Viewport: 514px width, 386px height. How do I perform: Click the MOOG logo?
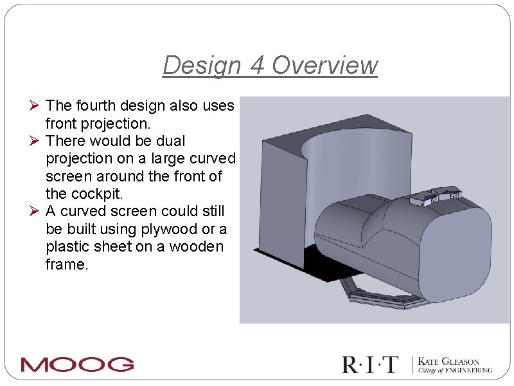[77, 365]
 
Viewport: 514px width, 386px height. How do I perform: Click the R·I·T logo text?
[370, 365]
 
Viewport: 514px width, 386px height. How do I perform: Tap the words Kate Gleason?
[449, 362]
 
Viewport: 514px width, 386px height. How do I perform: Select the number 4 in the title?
[256, 65]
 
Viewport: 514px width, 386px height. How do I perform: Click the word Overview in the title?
[324, 65]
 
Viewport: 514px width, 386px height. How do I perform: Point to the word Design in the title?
[201, 65]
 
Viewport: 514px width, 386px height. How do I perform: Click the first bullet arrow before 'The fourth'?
[36, 105]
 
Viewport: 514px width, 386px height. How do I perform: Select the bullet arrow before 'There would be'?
[36, 140]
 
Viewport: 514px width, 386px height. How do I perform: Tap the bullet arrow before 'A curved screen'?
[36, 211]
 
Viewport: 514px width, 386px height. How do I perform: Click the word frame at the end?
[65, 264]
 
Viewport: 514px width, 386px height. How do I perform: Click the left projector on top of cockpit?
[423, 198]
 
